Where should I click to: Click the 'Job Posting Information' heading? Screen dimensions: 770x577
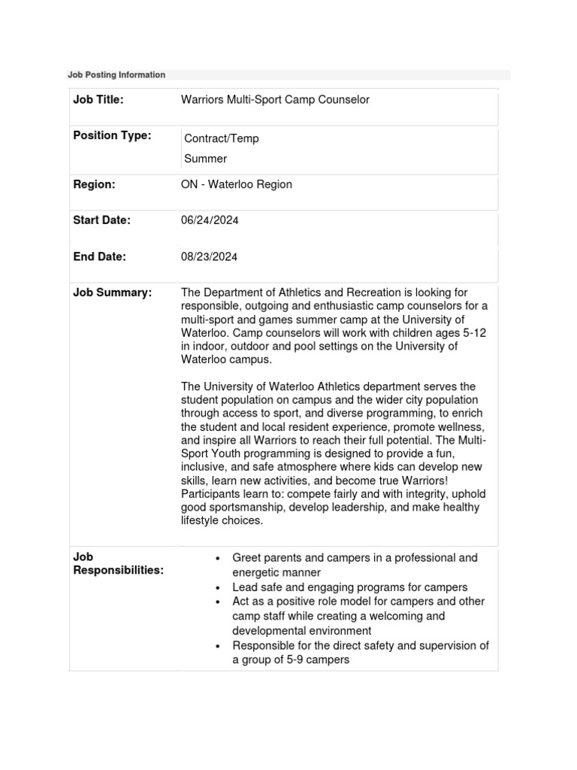[116, 75]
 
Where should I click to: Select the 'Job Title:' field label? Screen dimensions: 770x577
[98, 100]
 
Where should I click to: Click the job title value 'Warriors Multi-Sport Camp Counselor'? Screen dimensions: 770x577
[275, 100]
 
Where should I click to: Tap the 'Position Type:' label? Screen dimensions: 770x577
[112, 135]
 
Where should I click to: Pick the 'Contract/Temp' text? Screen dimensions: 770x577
[222, 139]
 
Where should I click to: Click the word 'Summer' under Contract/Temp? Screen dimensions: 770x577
[205, 159]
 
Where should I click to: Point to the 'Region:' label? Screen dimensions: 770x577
[94, 184]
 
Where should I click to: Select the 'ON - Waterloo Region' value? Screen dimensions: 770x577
[237, 184]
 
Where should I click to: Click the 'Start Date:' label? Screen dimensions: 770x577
[101, 220]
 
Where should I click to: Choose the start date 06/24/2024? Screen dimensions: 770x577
[210, 220]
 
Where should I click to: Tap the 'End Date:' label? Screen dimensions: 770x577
[99, 256]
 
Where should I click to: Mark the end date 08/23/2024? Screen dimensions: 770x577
[210, 256]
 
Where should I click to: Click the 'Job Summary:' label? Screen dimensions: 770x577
[112, 293]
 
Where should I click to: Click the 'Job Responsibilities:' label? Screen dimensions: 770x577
[117, 564]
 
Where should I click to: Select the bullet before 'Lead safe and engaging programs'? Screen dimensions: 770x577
[216, 588]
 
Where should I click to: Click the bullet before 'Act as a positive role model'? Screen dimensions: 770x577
[216, 602]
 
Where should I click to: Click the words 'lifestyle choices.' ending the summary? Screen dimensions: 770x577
[222, 520]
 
